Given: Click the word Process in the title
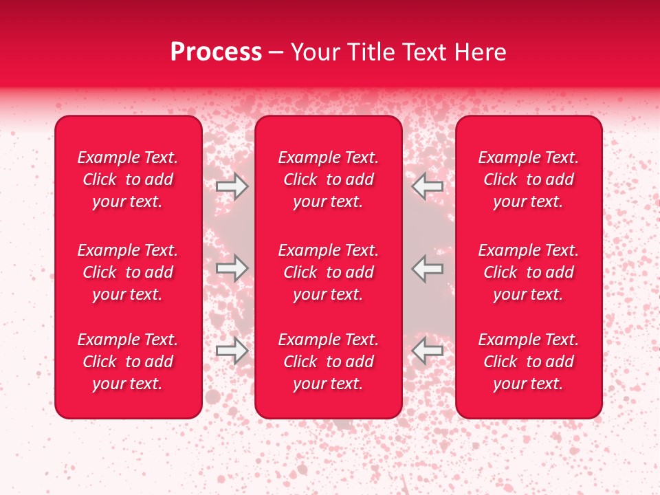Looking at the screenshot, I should coord(216,52).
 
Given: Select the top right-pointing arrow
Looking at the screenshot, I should coord(232,186).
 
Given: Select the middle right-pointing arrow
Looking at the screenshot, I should coord(232,268).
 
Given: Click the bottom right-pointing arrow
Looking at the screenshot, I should coord(232,351).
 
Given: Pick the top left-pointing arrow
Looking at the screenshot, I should coord(427,186).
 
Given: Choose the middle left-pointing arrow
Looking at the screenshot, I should coord(427,268).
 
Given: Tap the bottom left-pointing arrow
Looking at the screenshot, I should coord(427,351).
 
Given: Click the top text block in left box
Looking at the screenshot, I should coord(128,179).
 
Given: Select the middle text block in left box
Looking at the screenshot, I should coord(128,272).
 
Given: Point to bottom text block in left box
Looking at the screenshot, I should coord(128,362).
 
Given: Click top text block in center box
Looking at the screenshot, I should coord(328,179).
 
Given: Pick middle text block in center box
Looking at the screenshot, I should coord(328,272).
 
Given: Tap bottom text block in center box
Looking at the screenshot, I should coord(328,362).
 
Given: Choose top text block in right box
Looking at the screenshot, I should coord(528,179).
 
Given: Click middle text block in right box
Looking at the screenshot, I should coord(528,272).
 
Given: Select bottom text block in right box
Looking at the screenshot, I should coord(528,362).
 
